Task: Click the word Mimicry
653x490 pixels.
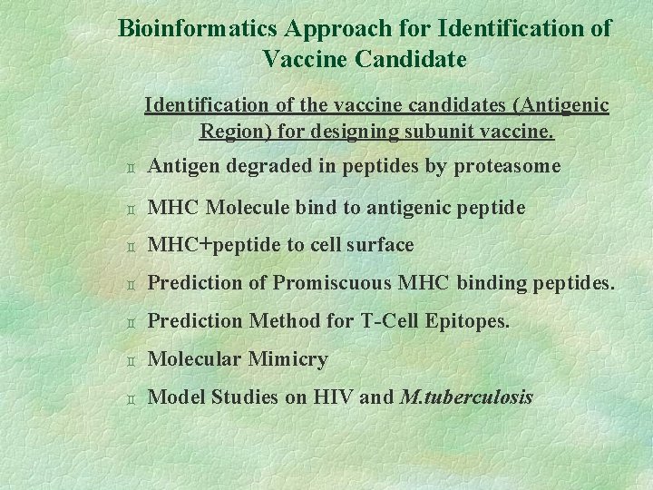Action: [288, 359]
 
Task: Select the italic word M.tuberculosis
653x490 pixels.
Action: [466, 397]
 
